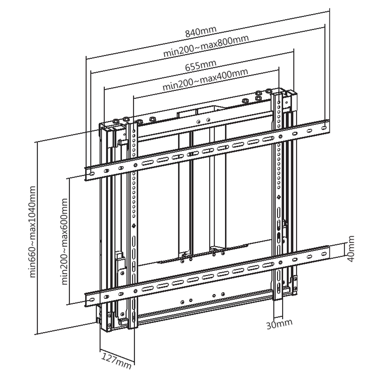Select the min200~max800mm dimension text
(206, 46)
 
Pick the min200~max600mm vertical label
(64, 241)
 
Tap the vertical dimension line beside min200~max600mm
(69, 240)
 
